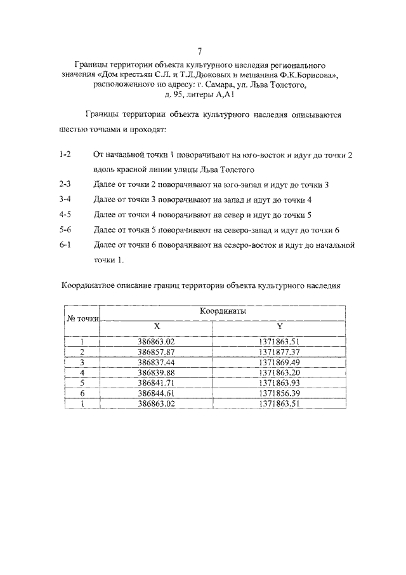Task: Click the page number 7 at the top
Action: tap(200, 51)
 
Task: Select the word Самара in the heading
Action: tap(232, 84)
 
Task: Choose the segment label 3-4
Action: tap(64, 199)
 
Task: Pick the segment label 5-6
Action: tap(64, 229)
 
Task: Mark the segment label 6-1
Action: tap(64, 244)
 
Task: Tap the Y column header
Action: tap(279, 326)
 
